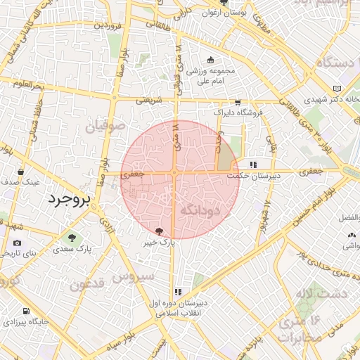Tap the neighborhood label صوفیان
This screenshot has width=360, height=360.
tap(105, 127)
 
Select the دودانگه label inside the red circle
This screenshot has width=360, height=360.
tap(200, 210)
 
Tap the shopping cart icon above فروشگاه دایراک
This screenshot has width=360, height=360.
tap(238, 102)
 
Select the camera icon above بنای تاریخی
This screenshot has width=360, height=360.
tap(17, 243)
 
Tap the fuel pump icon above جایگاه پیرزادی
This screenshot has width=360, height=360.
tap(26, 311)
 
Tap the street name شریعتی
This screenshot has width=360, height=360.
tap(148, 101)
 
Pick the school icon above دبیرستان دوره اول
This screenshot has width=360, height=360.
tap(178, 291)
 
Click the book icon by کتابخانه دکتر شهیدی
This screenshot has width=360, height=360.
tap(338, 88)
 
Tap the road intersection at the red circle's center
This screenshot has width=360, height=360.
tap(174, 172)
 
